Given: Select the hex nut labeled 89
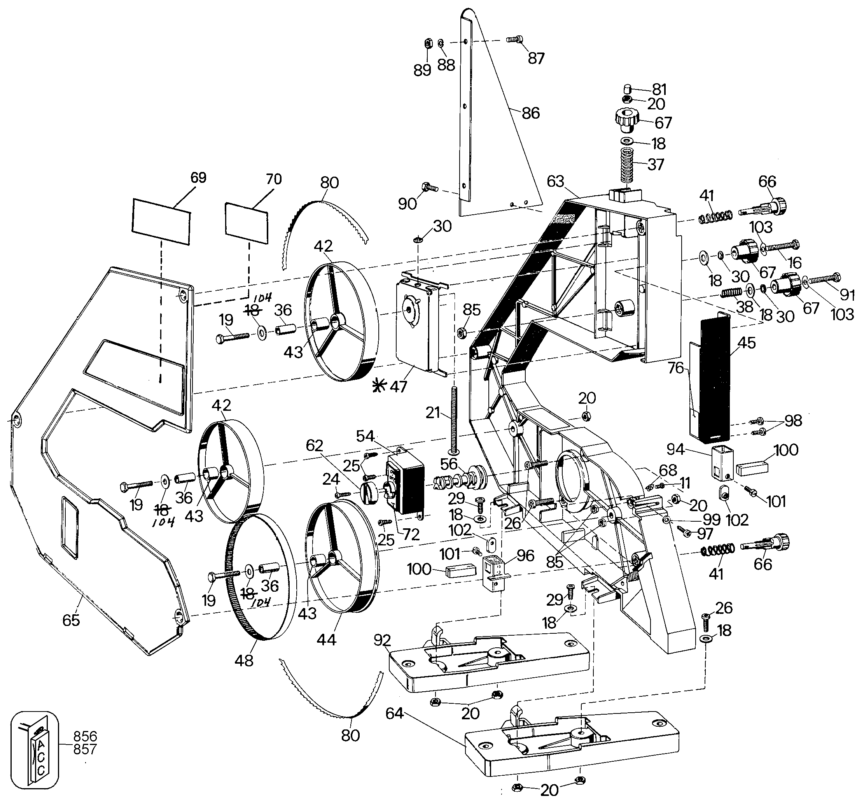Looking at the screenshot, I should (x=428, y=43).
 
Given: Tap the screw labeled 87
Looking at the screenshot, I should (x=515, y=39).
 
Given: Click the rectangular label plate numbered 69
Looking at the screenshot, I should (x=161, y=222).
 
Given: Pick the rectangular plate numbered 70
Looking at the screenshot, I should (x=246, y=223).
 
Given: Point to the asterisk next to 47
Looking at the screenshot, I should (x=380, y=385).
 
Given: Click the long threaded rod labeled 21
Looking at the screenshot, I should (x=453, y=421).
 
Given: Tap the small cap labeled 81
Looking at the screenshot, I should (x=628, y=90).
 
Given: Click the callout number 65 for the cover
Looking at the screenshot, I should (x=71, y=620).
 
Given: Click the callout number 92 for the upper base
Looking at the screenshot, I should (x=382, y=640).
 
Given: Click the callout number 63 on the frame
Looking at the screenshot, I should (x=555, y=181).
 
